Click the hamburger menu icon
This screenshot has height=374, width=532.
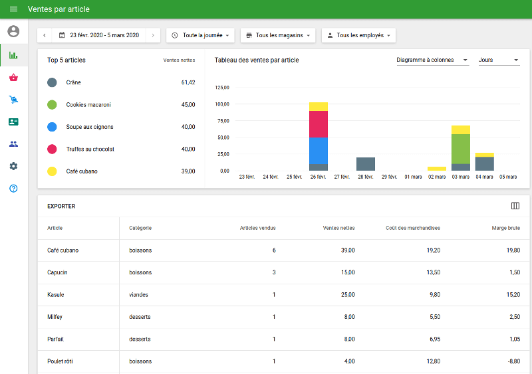[x=13, y=9]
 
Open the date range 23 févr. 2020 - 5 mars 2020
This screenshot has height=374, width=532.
[x=98, y=35]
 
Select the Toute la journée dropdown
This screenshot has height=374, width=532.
[x=200, y=35]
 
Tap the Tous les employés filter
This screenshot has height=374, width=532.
[x=358, y=35]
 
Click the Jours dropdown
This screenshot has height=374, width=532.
[x=498, y=60]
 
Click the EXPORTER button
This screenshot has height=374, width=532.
[x=61, y=207]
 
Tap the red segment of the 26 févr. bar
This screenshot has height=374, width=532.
[x=319, y=124]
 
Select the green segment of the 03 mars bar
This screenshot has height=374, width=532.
[x=461, y=149]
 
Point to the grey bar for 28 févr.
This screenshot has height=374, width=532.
[x=366, y=164]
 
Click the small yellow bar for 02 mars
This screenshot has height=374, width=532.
[x=437, y=169]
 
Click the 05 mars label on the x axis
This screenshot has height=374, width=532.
[x=508, y=177]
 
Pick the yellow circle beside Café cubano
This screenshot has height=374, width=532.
[x=52, y=171]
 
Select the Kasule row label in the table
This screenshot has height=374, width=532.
[x=55, y=295]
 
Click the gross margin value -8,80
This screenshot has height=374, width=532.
[x=512, y=361]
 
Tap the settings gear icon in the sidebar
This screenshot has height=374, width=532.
[x=13, y=166]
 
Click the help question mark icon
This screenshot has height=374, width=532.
[x=13, y=189]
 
